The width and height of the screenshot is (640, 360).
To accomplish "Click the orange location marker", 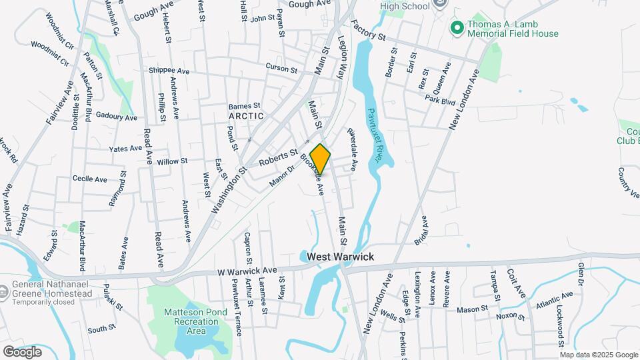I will coord(320,159).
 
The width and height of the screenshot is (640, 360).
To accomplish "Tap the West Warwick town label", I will coord(341,257).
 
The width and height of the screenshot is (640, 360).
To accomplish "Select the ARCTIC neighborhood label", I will coord(246,116).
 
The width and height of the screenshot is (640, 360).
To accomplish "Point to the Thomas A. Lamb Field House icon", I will coord(457,27).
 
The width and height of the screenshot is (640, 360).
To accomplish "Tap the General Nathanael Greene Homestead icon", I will coord(5,291).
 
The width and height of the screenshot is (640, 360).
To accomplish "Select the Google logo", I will coord(22,351).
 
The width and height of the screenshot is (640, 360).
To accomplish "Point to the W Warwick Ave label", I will coord(247,271).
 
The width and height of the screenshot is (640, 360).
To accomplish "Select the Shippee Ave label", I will coord(169,71).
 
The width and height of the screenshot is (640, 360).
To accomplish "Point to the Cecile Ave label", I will coord(90,179).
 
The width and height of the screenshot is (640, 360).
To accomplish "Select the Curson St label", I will coord(281,69).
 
